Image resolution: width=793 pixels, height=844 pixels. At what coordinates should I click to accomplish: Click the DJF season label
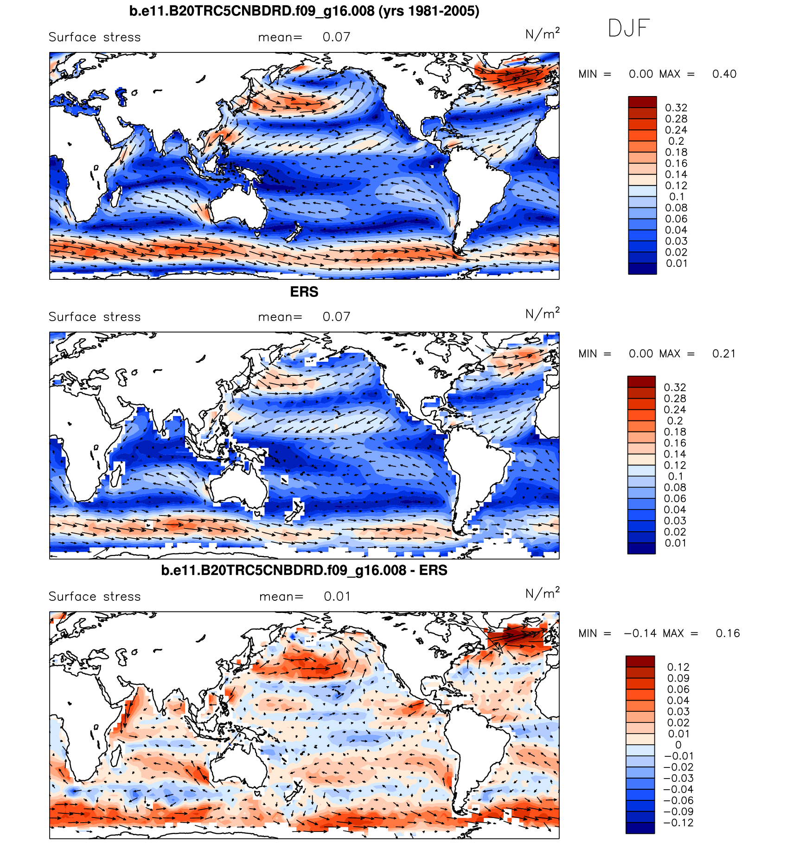[x=628, y=28]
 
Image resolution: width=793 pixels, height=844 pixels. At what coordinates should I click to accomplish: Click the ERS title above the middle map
[x=304, y=292]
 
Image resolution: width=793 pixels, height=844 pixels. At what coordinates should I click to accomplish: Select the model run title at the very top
[x=304, y=11]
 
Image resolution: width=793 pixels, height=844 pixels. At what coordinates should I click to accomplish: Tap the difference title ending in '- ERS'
[x=304, y=570]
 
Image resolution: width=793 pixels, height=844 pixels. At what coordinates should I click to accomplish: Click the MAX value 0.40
[x=724, y=74]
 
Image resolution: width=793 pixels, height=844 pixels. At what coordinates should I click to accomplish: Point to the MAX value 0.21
[x=724, y=354]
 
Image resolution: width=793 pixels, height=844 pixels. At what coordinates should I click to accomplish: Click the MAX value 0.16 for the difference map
[x=728, y=634]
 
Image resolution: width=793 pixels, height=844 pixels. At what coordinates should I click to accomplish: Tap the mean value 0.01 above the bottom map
[x=337, y=597]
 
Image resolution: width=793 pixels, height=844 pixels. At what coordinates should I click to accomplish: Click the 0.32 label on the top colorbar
[x=676, y=108]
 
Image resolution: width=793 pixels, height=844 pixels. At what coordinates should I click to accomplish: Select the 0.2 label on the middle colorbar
[x=675, y=421]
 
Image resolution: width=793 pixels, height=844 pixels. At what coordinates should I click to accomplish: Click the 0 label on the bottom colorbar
[x=678, y=745]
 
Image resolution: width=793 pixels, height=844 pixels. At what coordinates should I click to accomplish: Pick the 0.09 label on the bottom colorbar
[x=678, y=678]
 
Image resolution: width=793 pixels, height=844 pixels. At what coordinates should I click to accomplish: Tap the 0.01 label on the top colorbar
[x=676, y=264]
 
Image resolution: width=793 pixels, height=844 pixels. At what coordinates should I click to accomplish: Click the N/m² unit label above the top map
[x=542, y=34]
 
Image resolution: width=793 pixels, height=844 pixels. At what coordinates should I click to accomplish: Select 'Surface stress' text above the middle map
[x=95, y=317]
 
